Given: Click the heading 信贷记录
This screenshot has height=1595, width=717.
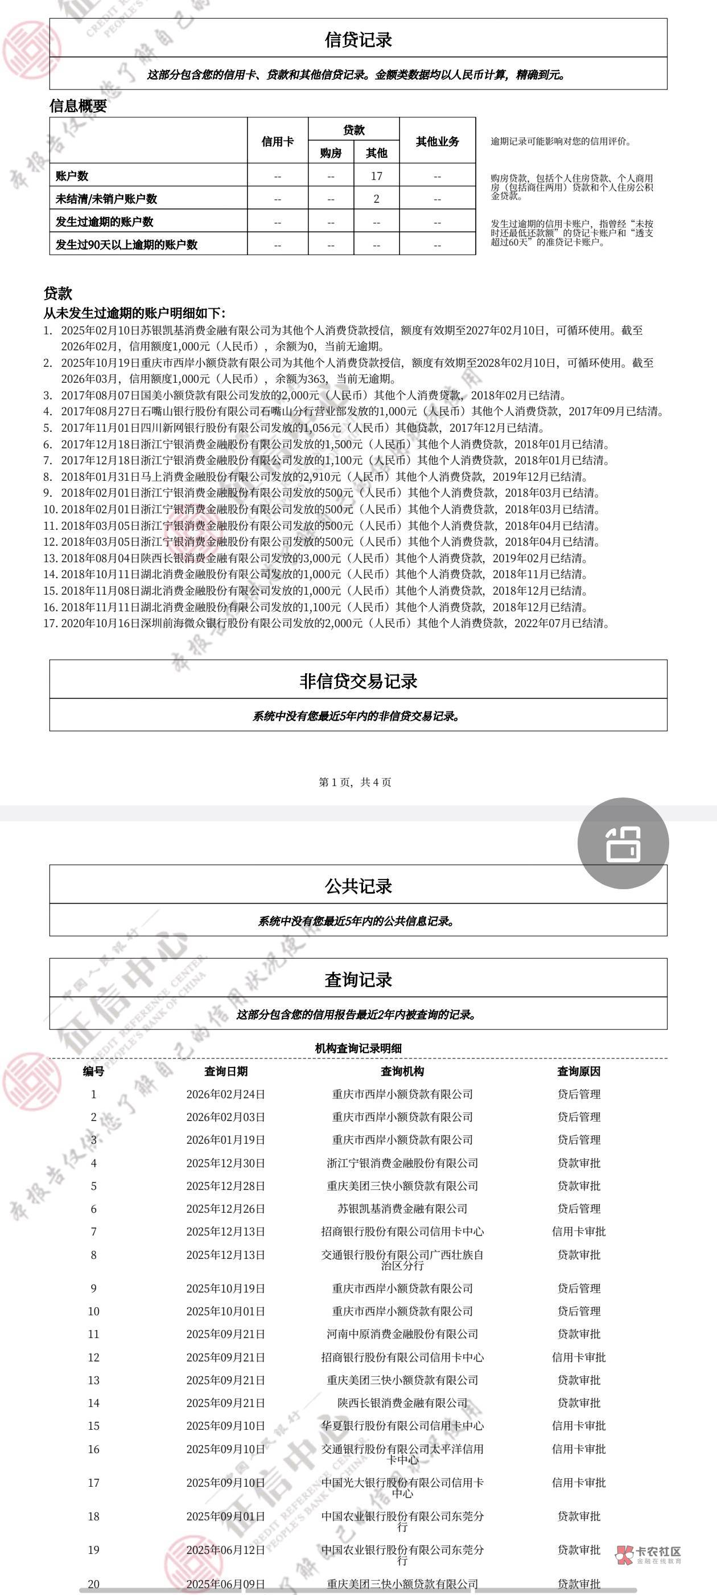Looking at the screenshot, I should pyautogui.click(x=358, y=40).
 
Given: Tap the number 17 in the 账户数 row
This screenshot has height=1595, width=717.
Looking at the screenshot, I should pyautogui.click(x=376, y=176).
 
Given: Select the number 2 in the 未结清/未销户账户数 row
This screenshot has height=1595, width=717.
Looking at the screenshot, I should pyautogui.click(x=376, y=199).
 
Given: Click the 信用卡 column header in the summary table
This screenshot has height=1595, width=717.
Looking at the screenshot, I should pyautogui.click(x=277, y=141).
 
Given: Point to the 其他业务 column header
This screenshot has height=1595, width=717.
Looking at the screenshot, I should pyautogui.click(x=438, y=141).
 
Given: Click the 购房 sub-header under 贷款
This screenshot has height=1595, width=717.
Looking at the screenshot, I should pyautogui.click(x=331, y=152).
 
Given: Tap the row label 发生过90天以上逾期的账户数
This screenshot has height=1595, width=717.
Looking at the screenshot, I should pyautogui.click(x=126, y=244).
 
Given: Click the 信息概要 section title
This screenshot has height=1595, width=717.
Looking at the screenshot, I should pyautogui.click(x=78, y=105).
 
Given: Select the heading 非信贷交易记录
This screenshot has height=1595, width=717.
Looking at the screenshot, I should pyautogui.click(x=358, y=681).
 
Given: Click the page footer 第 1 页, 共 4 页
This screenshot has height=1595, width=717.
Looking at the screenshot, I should pyautogui.click(x=355, y=782).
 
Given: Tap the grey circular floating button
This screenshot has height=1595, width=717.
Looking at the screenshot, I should pyautogui.click(x=623, y=843).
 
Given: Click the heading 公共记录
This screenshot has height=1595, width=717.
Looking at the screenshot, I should pyautogui.click(x=358, y=886).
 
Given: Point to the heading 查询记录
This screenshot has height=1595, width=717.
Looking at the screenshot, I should pyautogui.click(x=358, y=980).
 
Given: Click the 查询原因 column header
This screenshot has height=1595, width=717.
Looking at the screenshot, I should pyautogui.click(x=578, y=1071).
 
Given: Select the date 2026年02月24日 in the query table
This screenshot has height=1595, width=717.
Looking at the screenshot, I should pyautogui.click(x=225, y=1094).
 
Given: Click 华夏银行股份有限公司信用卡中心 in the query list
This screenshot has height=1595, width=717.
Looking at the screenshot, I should pyautogui.click(x=402, y=1425).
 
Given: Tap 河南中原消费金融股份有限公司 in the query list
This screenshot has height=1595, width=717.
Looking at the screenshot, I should pyautogui.click(x=402, y=1334).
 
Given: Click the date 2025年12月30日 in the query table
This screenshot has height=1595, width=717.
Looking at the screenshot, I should pyautogui.click(x=225, y=1163).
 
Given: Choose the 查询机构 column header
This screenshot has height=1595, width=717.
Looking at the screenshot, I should pyautogui.click(x=402, y=1071).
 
